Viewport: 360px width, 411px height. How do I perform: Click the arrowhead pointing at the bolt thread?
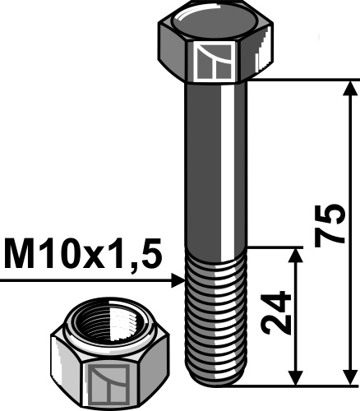(177, 281)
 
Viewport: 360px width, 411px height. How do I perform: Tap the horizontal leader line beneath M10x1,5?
(82, 281)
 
